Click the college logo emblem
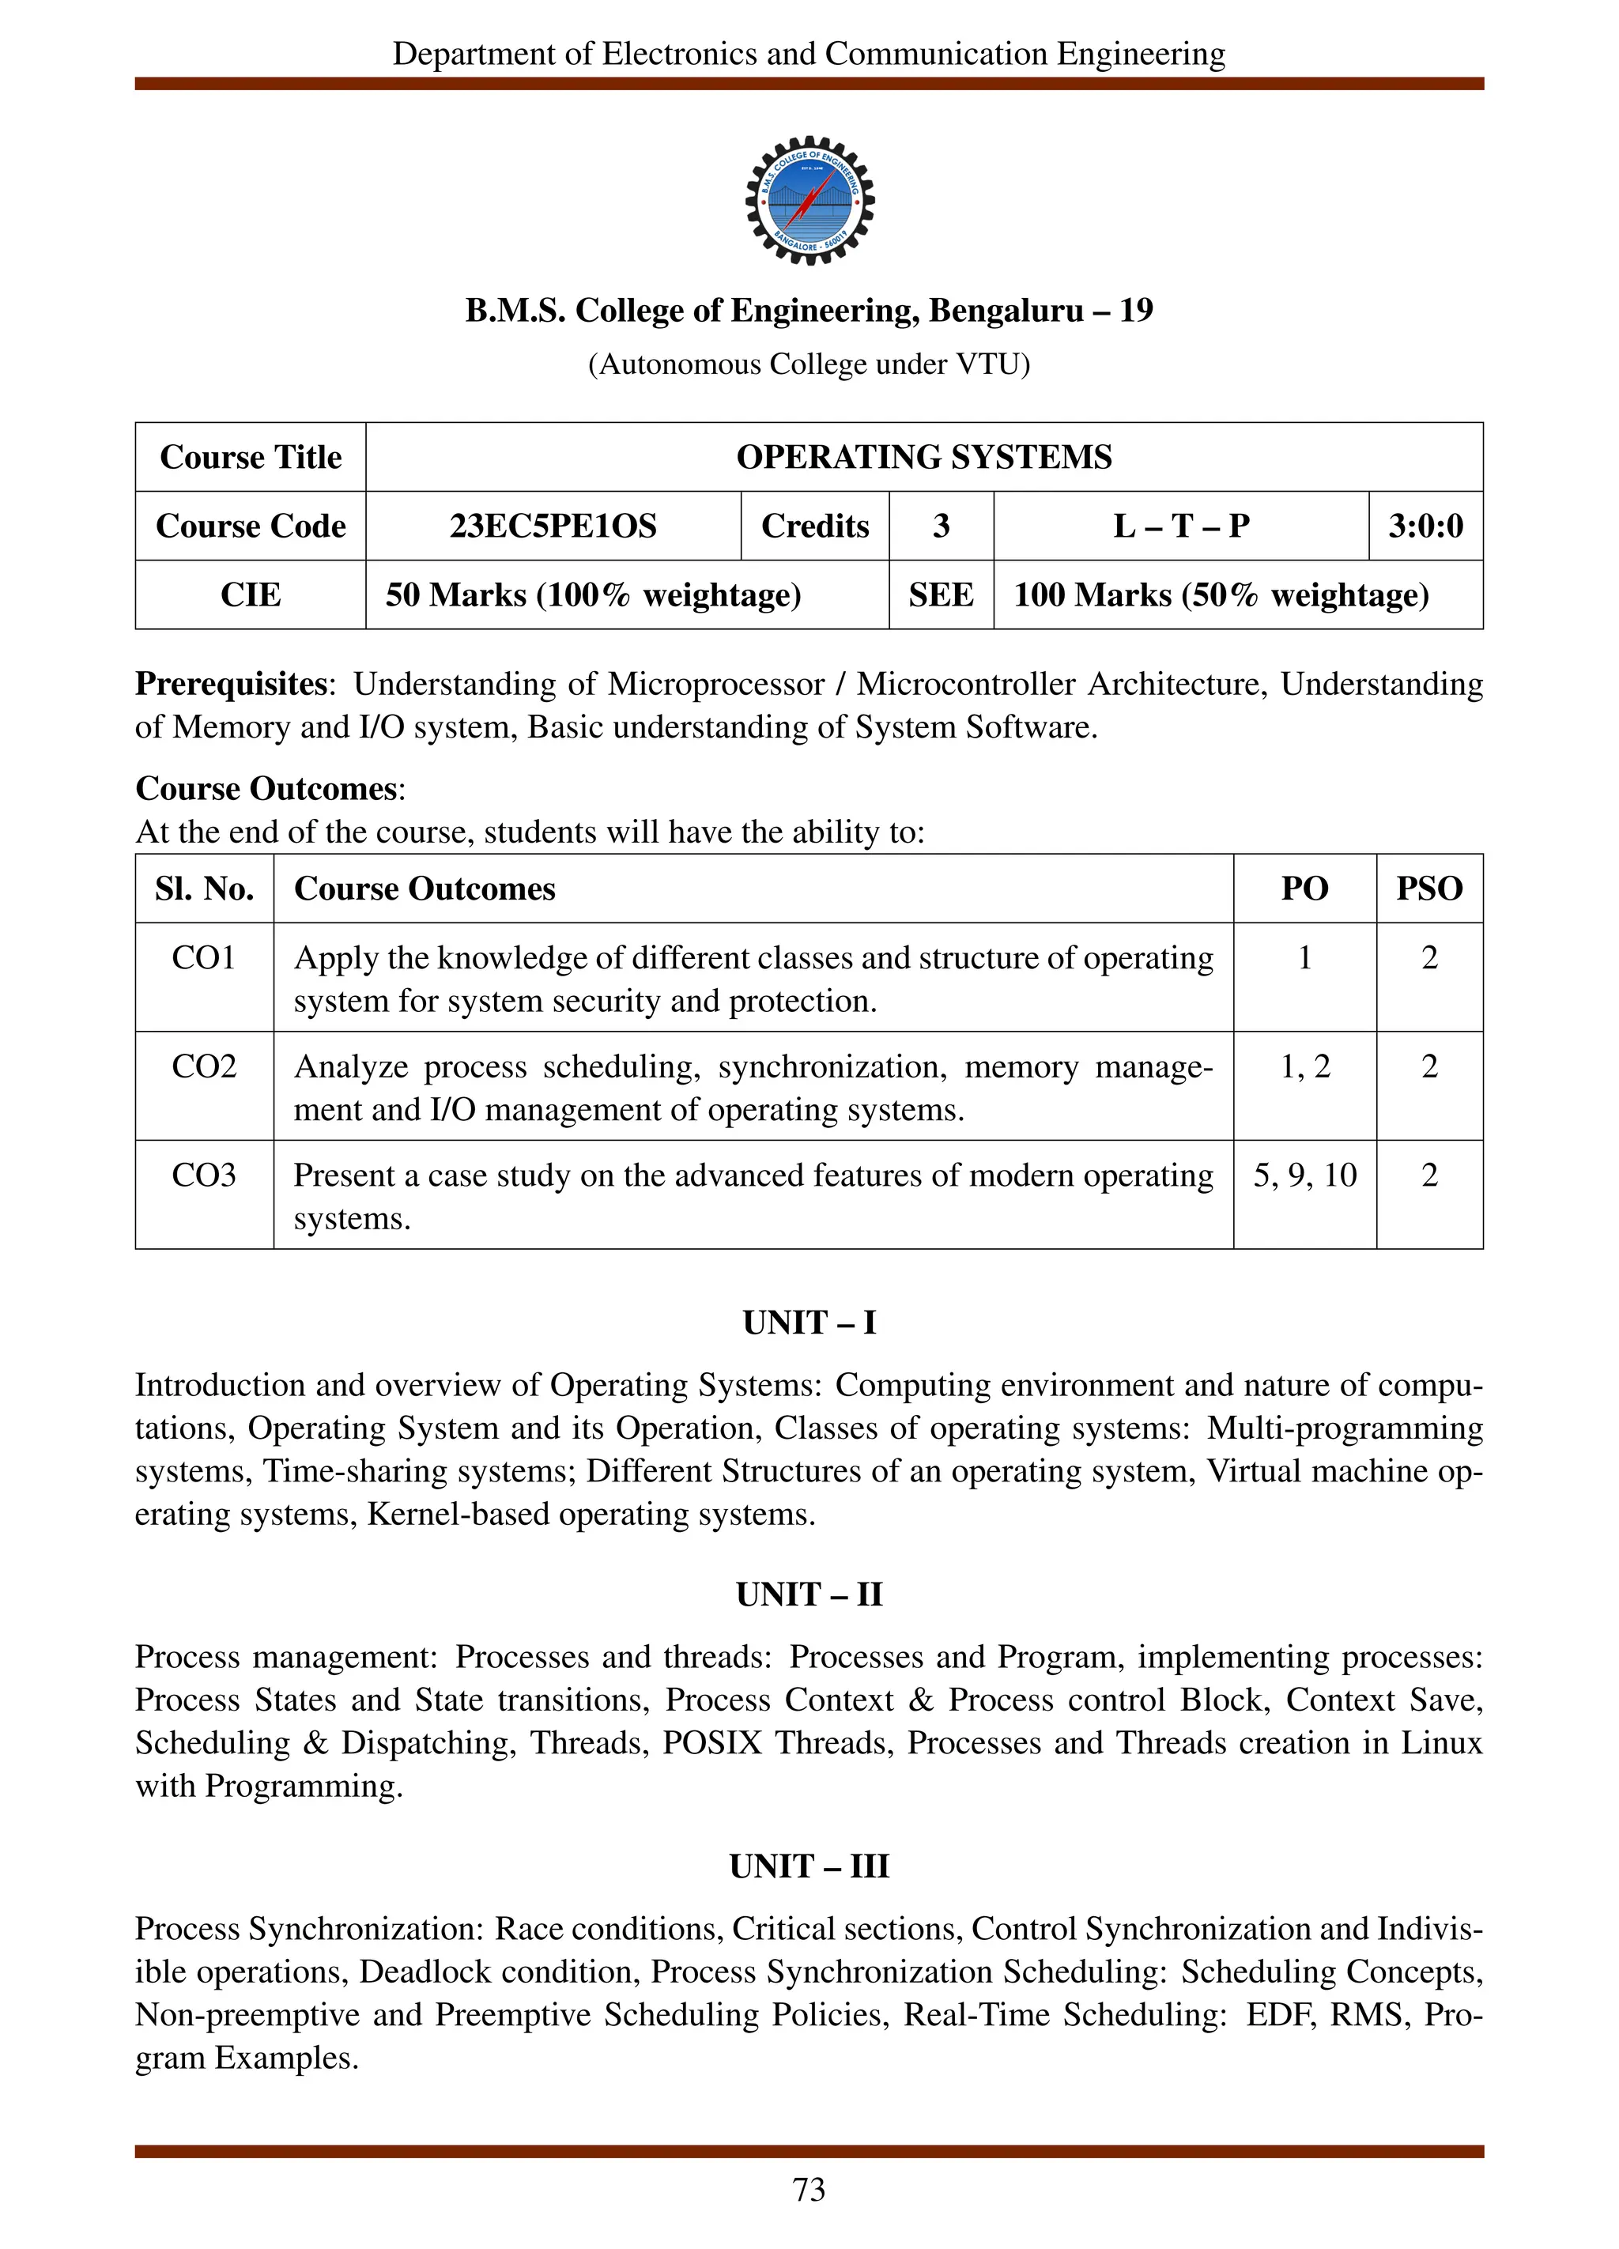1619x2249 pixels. click(809, 200)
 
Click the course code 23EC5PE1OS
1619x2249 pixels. click(553, 526)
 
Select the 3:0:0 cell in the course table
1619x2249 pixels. click(1425, 526)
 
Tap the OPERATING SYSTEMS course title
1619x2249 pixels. click(923, 457)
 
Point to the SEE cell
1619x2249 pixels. click(940, 595)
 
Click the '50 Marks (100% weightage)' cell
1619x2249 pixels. click(593, 595)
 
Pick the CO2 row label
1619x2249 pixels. click(204, 1067)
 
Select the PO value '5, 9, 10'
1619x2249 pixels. click(1304, 1175)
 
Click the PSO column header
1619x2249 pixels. click(1428, 889)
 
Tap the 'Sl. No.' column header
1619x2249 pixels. click(204, 889)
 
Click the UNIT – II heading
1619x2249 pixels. click(809, 1594)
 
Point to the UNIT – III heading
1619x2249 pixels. click(809, 1866)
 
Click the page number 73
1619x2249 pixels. click(809, 2190)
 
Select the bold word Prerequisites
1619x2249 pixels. click(231, 685)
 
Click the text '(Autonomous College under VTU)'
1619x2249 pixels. click(809, 365)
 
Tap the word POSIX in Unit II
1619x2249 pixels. click(711, 1742)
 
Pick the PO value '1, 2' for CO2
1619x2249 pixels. click(1304, 1067)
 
